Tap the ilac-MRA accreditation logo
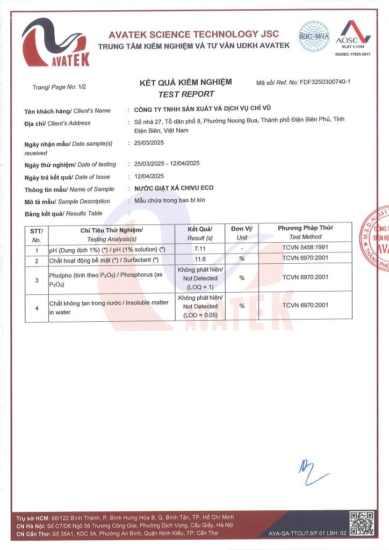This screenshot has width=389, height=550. coord(314,35)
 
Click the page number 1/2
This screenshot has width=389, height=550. coord(82,86)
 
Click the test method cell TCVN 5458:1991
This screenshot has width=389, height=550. coord(305,250)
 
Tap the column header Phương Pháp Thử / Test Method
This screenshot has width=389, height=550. coord(305,233)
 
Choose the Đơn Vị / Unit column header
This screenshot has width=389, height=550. coord(242,233)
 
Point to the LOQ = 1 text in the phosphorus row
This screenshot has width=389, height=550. coord(200,287)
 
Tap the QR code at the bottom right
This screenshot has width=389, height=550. coord(362,523)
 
